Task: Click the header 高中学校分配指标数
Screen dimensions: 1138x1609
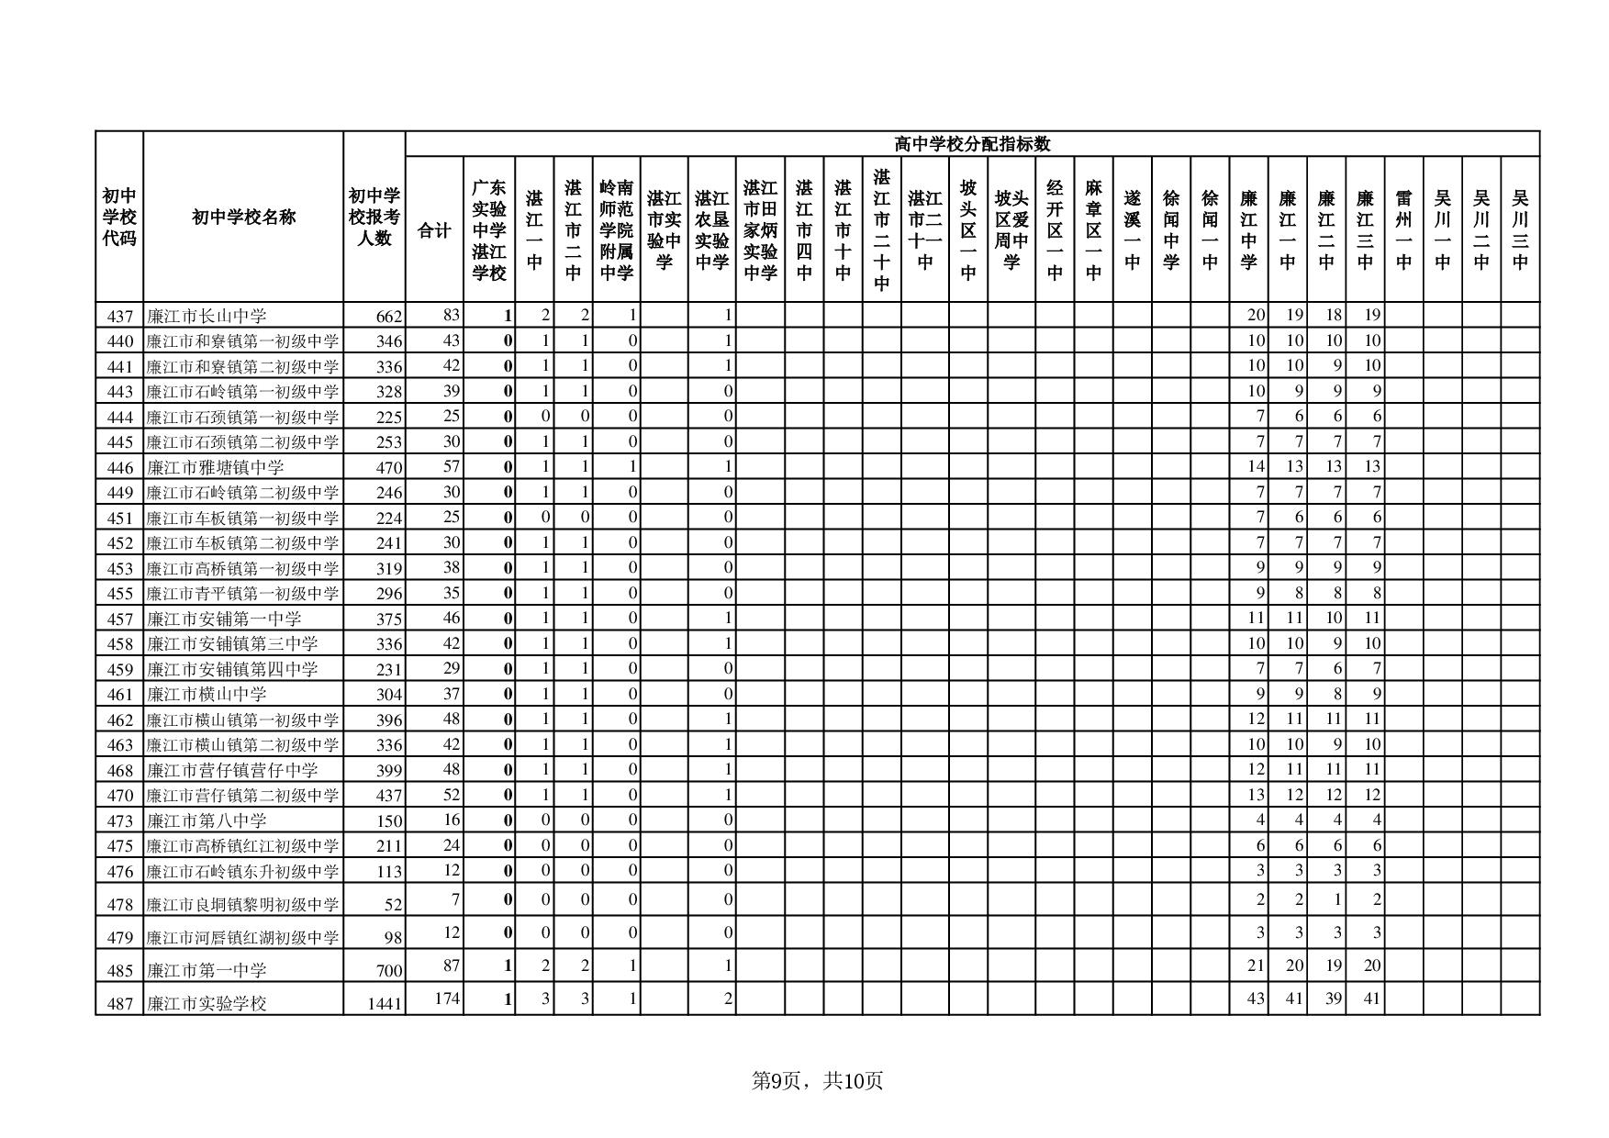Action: click(972, 144)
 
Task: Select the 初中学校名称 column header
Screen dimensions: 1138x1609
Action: click(243, 218)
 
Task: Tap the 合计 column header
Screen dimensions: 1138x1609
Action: click(434, 230)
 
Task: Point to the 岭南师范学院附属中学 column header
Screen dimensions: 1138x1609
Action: click(617, 230)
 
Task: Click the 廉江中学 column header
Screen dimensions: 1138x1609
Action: click(1248, 230)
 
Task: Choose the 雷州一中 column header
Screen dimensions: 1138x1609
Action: click(1403, 230)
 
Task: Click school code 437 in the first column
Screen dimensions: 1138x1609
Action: click(120, 317)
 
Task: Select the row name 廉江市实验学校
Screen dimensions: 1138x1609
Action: click(207, 1003)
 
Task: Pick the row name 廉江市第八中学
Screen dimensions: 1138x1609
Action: click(207, 820)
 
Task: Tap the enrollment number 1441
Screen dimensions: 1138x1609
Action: click(385, 1004)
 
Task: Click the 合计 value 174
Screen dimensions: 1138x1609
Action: click(446, 999)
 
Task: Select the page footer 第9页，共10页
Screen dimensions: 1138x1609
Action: click(817, 1081)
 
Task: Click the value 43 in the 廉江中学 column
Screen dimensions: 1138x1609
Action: click(1255, 999)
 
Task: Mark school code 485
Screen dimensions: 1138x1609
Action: click(120, 970)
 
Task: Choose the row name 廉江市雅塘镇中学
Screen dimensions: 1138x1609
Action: click(216, 467)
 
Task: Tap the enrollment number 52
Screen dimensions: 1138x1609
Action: click(393, 905)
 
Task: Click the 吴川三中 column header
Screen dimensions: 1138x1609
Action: click(1520, 230)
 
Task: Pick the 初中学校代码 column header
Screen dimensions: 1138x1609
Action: click(119, 218)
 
